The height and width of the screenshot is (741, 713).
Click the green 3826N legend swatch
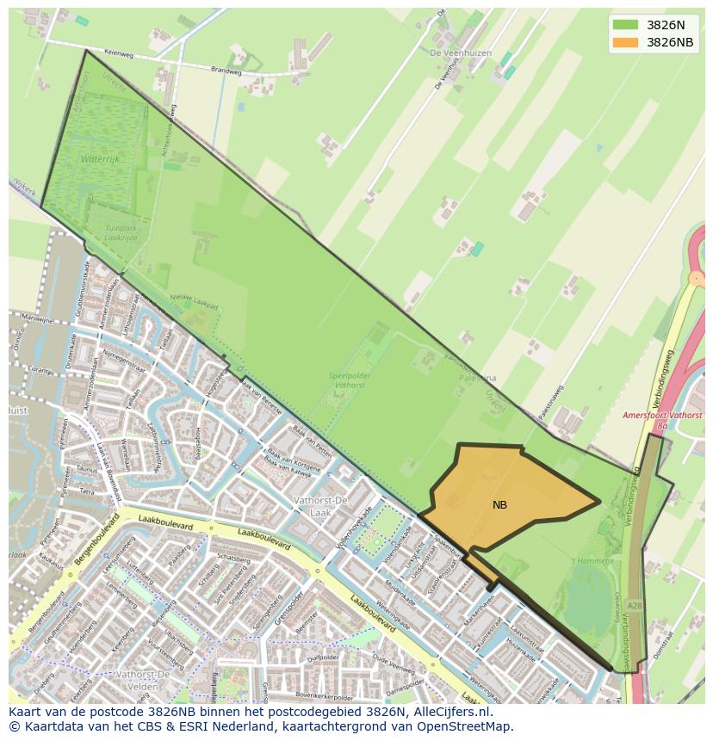[x=625, y=25]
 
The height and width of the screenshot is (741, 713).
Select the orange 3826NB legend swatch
[x=625, y=42]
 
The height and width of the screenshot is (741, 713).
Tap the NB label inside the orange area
[x=499, y=505]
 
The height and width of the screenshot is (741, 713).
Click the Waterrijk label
[x=102, y=160]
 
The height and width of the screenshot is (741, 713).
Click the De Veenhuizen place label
[x=460, y=52]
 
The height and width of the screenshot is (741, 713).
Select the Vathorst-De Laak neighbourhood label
[x=320, y=505]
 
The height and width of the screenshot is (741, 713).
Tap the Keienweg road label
[x=119, y=53]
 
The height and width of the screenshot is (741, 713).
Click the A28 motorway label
[x=634, y=606]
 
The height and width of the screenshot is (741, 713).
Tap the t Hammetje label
[x=595, y=559]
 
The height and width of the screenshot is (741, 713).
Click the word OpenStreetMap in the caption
[x=467, y=726]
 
